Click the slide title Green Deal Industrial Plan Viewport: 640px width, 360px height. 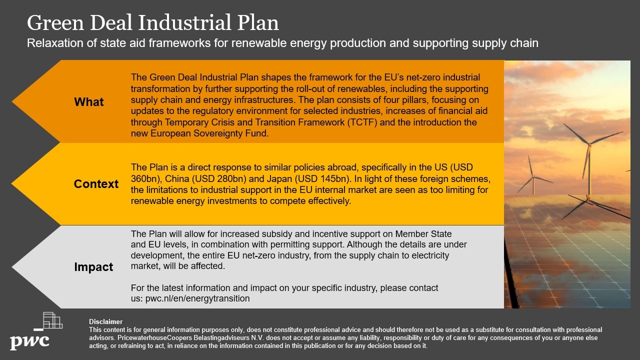pos(152,23)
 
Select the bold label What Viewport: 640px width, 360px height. pos(89,102)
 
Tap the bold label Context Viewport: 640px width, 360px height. pos(96,184)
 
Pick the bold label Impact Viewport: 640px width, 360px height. pos(93,267)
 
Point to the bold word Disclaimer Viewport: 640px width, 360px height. pos(105,322)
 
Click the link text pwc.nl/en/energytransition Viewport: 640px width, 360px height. pos(197,298)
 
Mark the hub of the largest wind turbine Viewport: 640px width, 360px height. pos(589,145)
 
